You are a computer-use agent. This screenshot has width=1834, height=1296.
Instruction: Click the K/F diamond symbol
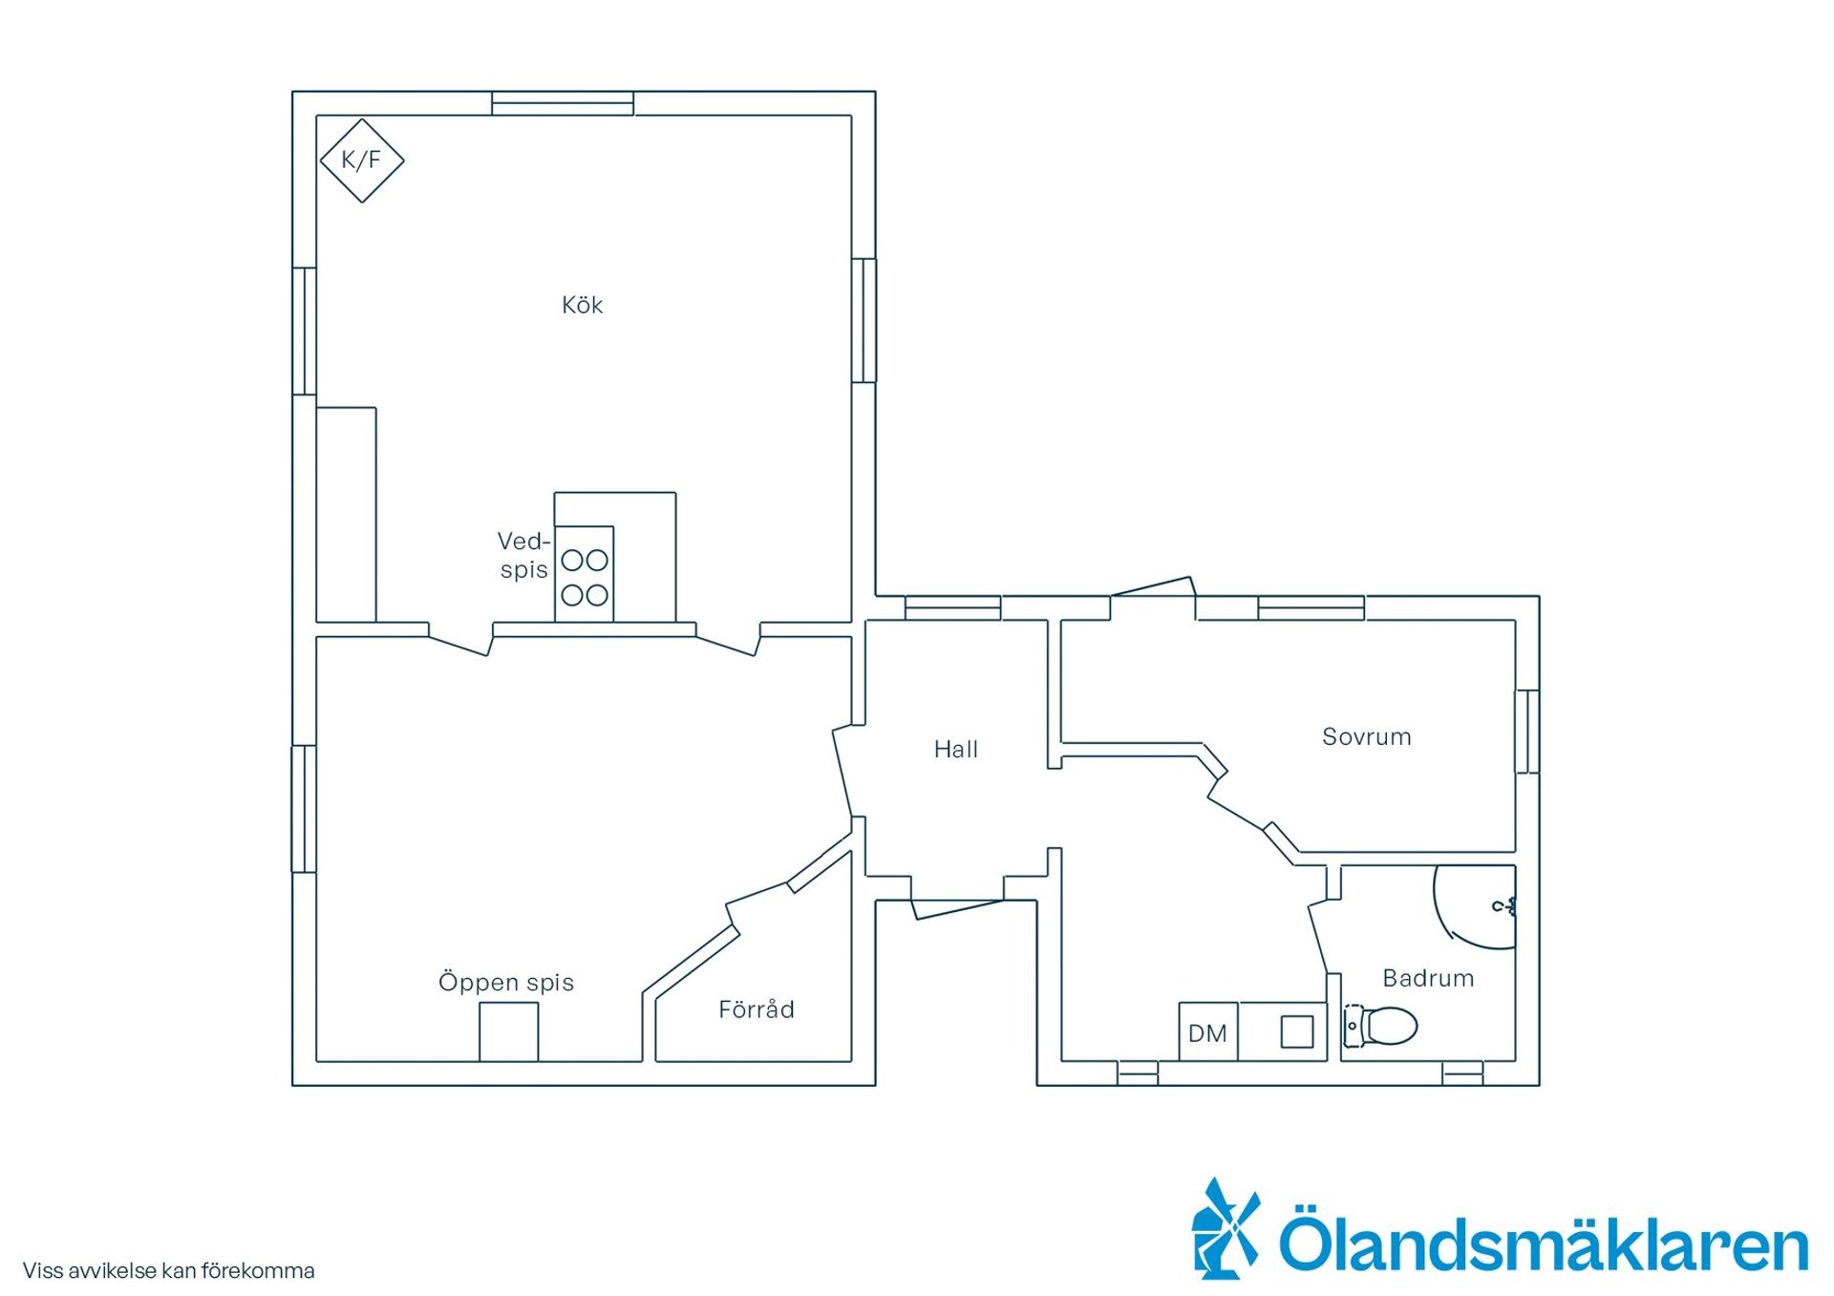coord(361,160)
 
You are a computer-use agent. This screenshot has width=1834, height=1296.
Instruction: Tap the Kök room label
coord(582,305)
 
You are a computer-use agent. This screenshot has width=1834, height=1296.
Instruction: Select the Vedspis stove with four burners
coord(585,573)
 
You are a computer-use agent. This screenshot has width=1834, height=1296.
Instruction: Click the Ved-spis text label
coord(523,555)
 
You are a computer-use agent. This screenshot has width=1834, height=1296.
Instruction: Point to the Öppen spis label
coord(506,982)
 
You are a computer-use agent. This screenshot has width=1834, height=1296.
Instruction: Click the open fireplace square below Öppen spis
coord(508,1031)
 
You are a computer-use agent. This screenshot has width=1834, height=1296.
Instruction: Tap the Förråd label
coord(757,1009)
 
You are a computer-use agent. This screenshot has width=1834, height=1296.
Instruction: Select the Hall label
coord(956,749)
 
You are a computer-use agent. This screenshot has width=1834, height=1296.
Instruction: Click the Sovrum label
coord(1367,736)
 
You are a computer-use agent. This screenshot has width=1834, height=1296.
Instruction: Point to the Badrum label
coord(1429,978)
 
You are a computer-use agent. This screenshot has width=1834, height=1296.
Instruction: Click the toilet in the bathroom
coord(1380,1027)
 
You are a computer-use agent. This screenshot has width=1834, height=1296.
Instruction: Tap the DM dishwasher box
coord(1208,1031)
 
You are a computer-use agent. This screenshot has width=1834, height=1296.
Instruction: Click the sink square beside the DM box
coord(1297,1031)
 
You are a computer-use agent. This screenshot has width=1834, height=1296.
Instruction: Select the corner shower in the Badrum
coord(1475,907)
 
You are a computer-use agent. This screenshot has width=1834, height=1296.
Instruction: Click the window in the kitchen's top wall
coord(563,103)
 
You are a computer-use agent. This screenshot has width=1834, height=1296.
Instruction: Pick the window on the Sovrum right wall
coord(1527,731)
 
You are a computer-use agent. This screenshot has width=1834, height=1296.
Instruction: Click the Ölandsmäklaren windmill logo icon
coord(1226,1229)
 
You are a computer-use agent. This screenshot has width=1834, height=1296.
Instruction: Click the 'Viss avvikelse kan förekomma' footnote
coord(169,1271)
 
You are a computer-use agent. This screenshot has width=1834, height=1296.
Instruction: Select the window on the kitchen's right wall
coord(864,320)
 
